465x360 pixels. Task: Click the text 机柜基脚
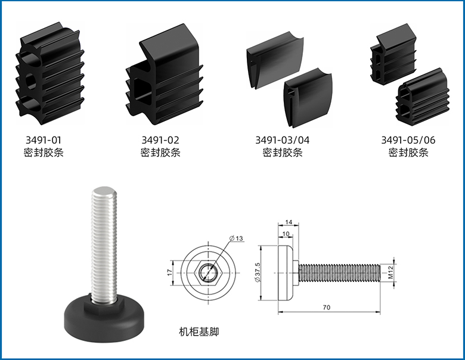[199, 331]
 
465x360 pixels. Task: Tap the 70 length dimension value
[326, 308]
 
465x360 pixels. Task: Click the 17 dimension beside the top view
[169, 272]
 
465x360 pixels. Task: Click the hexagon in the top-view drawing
[207, 273]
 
